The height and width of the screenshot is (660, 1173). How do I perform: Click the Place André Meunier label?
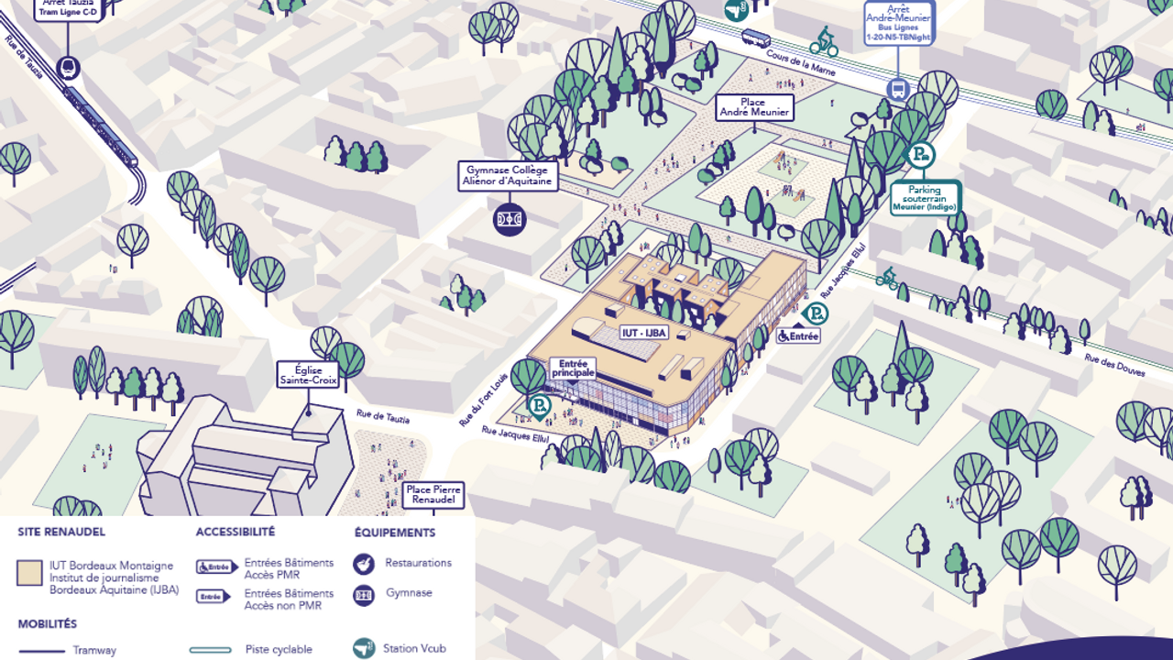pos(754,106)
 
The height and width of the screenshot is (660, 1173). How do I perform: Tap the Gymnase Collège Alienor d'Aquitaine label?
pos(509,176)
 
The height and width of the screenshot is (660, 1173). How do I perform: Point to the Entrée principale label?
pos(572,368)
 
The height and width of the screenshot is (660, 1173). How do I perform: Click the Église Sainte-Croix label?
pos(308,374)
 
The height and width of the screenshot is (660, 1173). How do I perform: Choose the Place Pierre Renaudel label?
pos(433,496)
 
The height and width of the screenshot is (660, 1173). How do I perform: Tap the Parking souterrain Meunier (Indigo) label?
pos(925,198)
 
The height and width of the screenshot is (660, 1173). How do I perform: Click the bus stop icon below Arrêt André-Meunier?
pos(897,89)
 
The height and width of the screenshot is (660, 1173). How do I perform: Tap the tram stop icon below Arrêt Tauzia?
pos(68,67)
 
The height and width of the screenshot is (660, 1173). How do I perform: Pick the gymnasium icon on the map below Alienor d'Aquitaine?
pos(510,219)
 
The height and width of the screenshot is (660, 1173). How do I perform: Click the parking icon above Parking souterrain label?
pos(919,155)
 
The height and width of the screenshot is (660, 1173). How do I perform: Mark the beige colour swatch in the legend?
pos(29,573)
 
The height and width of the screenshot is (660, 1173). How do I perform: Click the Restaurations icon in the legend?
pos(364,564)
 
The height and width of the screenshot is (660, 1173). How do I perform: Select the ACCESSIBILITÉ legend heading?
pos(235,532)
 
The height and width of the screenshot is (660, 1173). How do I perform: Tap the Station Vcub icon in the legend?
pos(364,648)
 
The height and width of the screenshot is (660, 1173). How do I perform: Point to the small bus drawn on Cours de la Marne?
pos(756,38)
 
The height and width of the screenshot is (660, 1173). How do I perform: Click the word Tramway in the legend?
pos(94,650)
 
